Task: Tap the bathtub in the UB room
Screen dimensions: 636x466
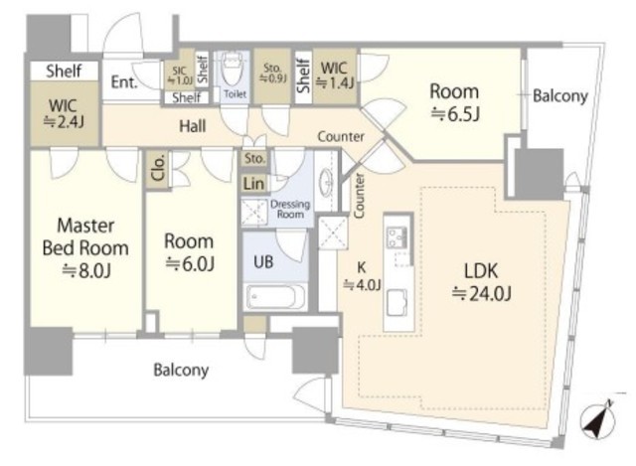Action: [276, 297]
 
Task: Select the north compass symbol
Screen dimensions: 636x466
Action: [598, 420]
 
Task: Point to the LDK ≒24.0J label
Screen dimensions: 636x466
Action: [481, 282]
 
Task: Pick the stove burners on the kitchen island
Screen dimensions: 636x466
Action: [397, 237]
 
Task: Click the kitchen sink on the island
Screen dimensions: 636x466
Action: [397, 302]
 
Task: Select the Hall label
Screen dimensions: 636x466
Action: [193, 126]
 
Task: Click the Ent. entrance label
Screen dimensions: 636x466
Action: [124, 82]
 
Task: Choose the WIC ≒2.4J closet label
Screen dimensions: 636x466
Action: [64, 113]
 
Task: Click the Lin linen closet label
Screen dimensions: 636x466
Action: [254, 184]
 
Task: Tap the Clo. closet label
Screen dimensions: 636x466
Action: [158, 167]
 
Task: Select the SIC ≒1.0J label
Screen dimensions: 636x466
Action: [180, 76]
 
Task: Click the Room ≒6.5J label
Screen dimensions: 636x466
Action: [455, 102]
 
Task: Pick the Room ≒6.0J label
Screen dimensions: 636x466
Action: [190, 251]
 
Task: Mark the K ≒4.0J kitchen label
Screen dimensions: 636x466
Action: [362, 276]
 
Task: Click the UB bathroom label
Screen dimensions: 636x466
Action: [263, 261]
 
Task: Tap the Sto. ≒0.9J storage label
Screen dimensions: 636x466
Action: [273, 73]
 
